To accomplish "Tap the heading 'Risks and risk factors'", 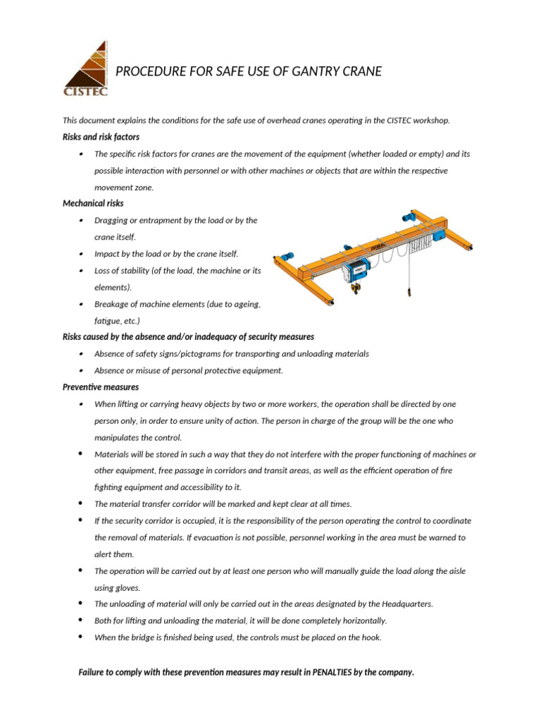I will (101, 137).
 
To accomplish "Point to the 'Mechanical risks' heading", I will (93, 204).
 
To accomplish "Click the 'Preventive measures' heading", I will (101, 387).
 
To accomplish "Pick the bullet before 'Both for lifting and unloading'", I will (82, 620).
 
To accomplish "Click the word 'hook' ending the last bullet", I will (374, 637).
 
